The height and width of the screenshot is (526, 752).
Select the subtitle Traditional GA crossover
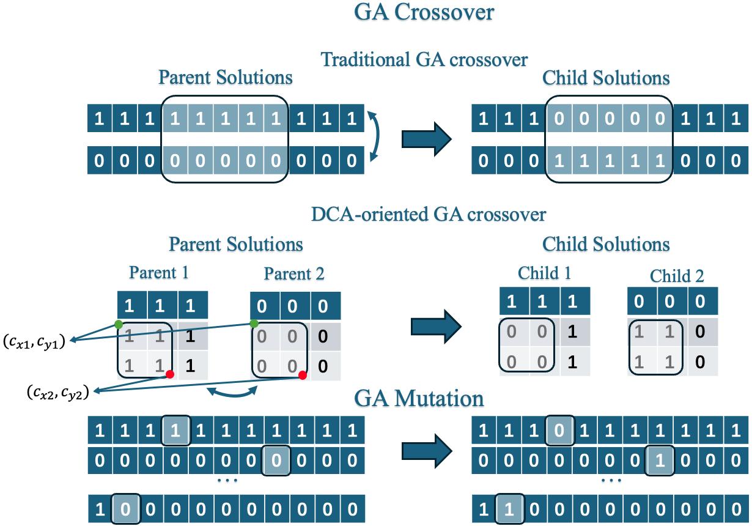[x=424, y=59]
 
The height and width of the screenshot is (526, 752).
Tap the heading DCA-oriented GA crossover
[x=428, y=214]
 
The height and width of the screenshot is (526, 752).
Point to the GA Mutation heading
[x=419, y=399]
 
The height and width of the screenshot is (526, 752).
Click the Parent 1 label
[x=159, y=272]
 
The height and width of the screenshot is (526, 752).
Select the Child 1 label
[x=544, y=272]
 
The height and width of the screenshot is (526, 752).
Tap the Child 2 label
[x=677, y=276]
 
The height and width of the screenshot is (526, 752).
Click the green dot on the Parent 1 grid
[x=118, y=324]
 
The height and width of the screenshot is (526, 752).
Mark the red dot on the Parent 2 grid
[x=302, y=375]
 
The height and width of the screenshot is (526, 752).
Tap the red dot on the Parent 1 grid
[x=169, y=374]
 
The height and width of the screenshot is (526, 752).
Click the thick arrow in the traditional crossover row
[x=426, y=139]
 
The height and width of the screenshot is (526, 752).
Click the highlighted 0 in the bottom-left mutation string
[x=125, y=509]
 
